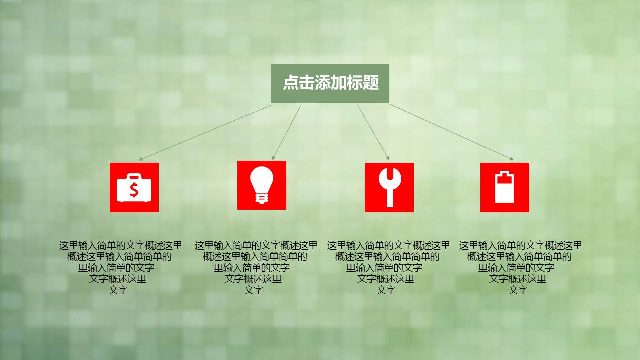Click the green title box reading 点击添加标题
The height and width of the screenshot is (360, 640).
pos(330,83)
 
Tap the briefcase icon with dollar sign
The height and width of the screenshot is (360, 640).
pos(134,187)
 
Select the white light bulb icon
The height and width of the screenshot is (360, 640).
pos(261,185)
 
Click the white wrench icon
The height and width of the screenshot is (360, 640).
pos(390,187)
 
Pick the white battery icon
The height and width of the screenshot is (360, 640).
pos(504,187)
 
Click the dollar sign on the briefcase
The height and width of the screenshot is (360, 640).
pos(134,189)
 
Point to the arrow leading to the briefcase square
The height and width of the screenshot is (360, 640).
pos(205,133)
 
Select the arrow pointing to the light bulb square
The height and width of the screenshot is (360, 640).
pos(286,132)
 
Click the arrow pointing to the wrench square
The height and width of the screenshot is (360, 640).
pos(373,132)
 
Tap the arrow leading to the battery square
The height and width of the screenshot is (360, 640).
pos(452,132)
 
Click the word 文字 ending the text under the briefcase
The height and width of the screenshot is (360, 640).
pos(118,290)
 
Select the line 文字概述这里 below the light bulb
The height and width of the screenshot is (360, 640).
pos(253,279)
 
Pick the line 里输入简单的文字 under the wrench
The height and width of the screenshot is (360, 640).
pos(384,268)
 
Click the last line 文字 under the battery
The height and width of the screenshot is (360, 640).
pos(518,290)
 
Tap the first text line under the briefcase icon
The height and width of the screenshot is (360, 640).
pos(121,245)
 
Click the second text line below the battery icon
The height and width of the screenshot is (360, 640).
pos(519,257)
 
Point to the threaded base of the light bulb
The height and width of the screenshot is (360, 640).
pos(261,199)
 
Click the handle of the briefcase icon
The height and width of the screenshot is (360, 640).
pos(134,176)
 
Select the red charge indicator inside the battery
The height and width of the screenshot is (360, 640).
pos(504,179)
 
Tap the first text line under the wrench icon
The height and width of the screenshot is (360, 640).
pos(389,245)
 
